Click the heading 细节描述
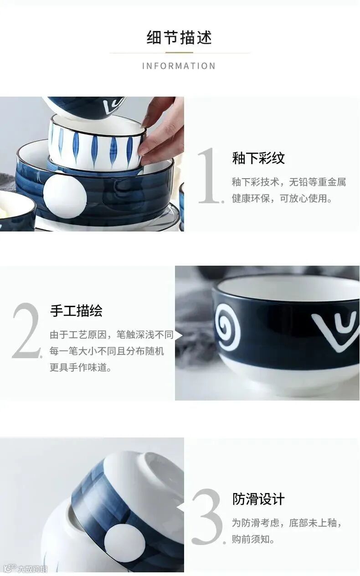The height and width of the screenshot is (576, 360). pyautogui.click(x=179, y=37)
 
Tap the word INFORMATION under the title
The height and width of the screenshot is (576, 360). pyautogui.click(x=179, y=66)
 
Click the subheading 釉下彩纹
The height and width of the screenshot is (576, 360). pyautogui.click(x=258, y=158)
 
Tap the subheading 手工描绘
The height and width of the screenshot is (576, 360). pyautogui.click(x=76, y=311)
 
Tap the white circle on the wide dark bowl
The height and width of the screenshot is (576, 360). pyautogui.click(x=65, y=194)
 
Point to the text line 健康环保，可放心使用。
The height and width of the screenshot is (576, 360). pyautogui.click(x=282, y=198)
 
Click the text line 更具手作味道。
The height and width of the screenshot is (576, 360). pyautogui.click(x=81, y=367)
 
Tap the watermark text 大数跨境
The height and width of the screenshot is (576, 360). pyautogui.click(x=32, y=569)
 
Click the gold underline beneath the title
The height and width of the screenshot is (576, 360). pyautogui.click(x=179, y=53)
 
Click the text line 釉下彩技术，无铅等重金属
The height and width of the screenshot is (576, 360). pyautogui.click(x=289, y=182)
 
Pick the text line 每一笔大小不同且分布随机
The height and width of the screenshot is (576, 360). pyautogui.click(x=107, y=351)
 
